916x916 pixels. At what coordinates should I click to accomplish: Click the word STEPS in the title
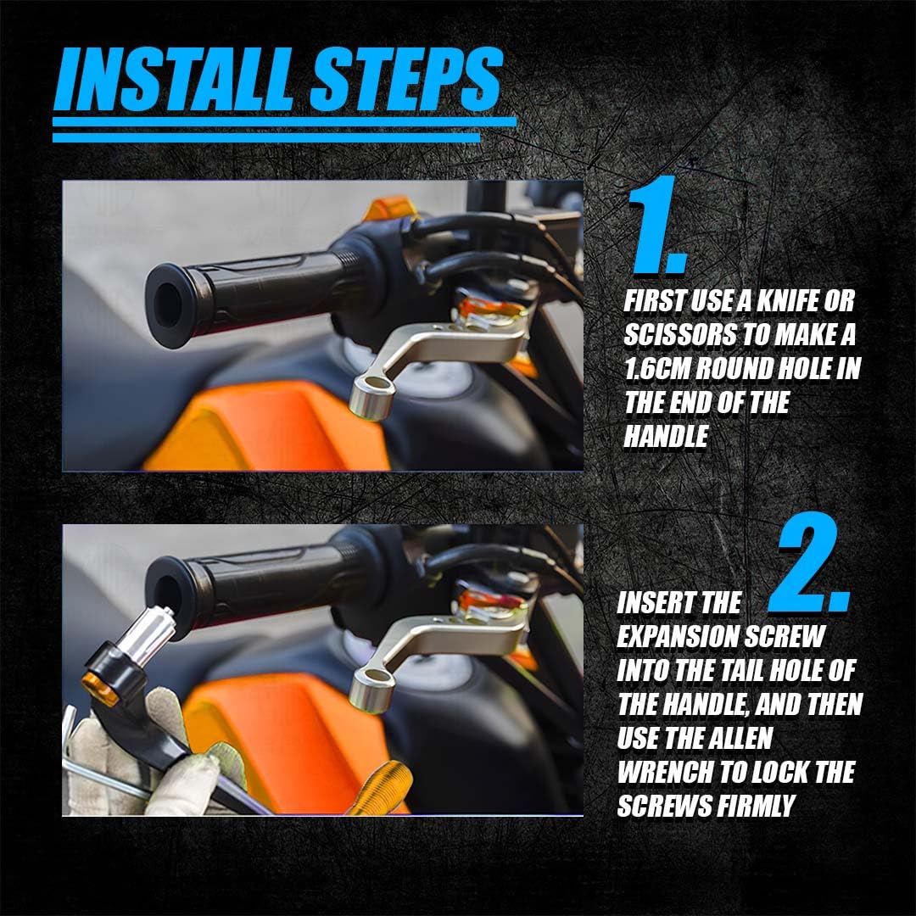coord(406,79)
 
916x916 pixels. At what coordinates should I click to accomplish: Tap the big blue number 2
coord(810,562)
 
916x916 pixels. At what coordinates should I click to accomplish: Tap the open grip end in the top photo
coord(170,305)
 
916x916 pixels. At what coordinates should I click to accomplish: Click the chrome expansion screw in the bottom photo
coord(151,630)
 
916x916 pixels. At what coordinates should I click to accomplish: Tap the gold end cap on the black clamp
coord(98,688)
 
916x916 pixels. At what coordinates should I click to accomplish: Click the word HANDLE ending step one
coord(667,437)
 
